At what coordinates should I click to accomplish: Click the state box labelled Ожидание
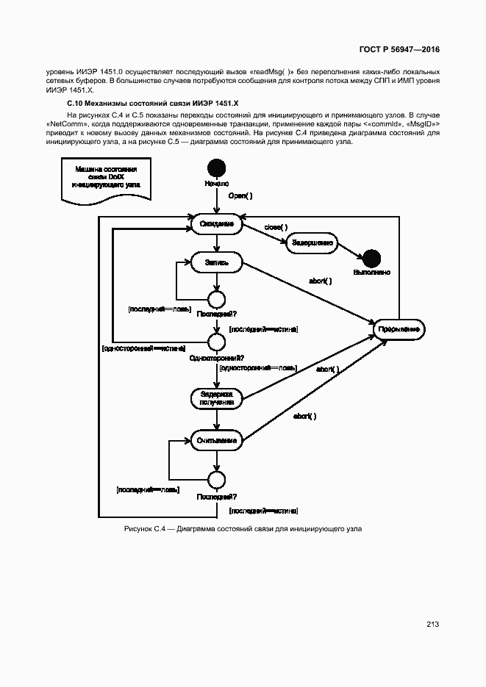click(x=216, y=223)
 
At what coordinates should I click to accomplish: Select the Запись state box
click(x=216, y=262)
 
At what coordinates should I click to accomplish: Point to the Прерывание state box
click(x=399, y=329)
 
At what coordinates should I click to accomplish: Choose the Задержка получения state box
click(x=216, y=398)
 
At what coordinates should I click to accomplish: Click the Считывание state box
click(x=216, y=441)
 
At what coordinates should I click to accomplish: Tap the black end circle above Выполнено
click(x=371, y=258)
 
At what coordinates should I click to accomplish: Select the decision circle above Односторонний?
click(x=216, y=342)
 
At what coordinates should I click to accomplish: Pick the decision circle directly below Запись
click(x=216, y=298)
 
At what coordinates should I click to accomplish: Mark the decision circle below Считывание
click(x=216, y=481)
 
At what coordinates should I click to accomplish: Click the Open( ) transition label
click(x=240, y=196)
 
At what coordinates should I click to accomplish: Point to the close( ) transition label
click(x=276, y=227)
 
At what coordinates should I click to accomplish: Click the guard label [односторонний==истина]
click(x=143, y=348)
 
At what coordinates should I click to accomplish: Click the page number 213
click(x=432, y=625)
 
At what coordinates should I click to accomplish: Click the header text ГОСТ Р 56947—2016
click(x=399, y=49)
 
